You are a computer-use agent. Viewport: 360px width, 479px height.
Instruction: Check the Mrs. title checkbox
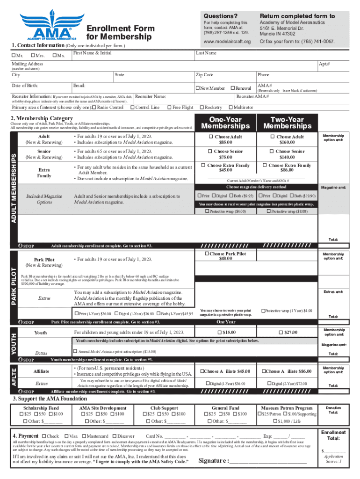pos(31,57)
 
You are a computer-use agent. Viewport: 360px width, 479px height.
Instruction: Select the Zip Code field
pos(224,77)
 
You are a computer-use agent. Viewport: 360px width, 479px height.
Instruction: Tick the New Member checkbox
pos(198,88)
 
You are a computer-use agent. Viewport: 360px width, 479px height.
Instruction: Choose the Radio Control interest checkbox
pos(94,108)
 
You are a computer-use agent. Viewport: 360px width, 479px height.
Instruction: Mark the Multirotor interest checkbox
pos(236,108)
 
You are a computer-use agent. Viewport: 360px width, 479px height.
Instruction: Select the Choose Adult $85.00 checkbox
pos(210,137)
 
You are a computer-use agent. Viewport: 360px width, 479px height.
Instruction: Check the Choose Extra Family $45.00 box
pos(203,166)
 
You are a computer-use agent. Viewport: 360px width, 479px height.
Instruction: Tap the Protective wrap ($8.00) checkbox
pos(268,211)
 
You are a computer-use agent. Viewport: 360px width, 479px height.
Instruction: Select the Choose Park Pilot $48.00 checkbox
pos(206,254)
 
